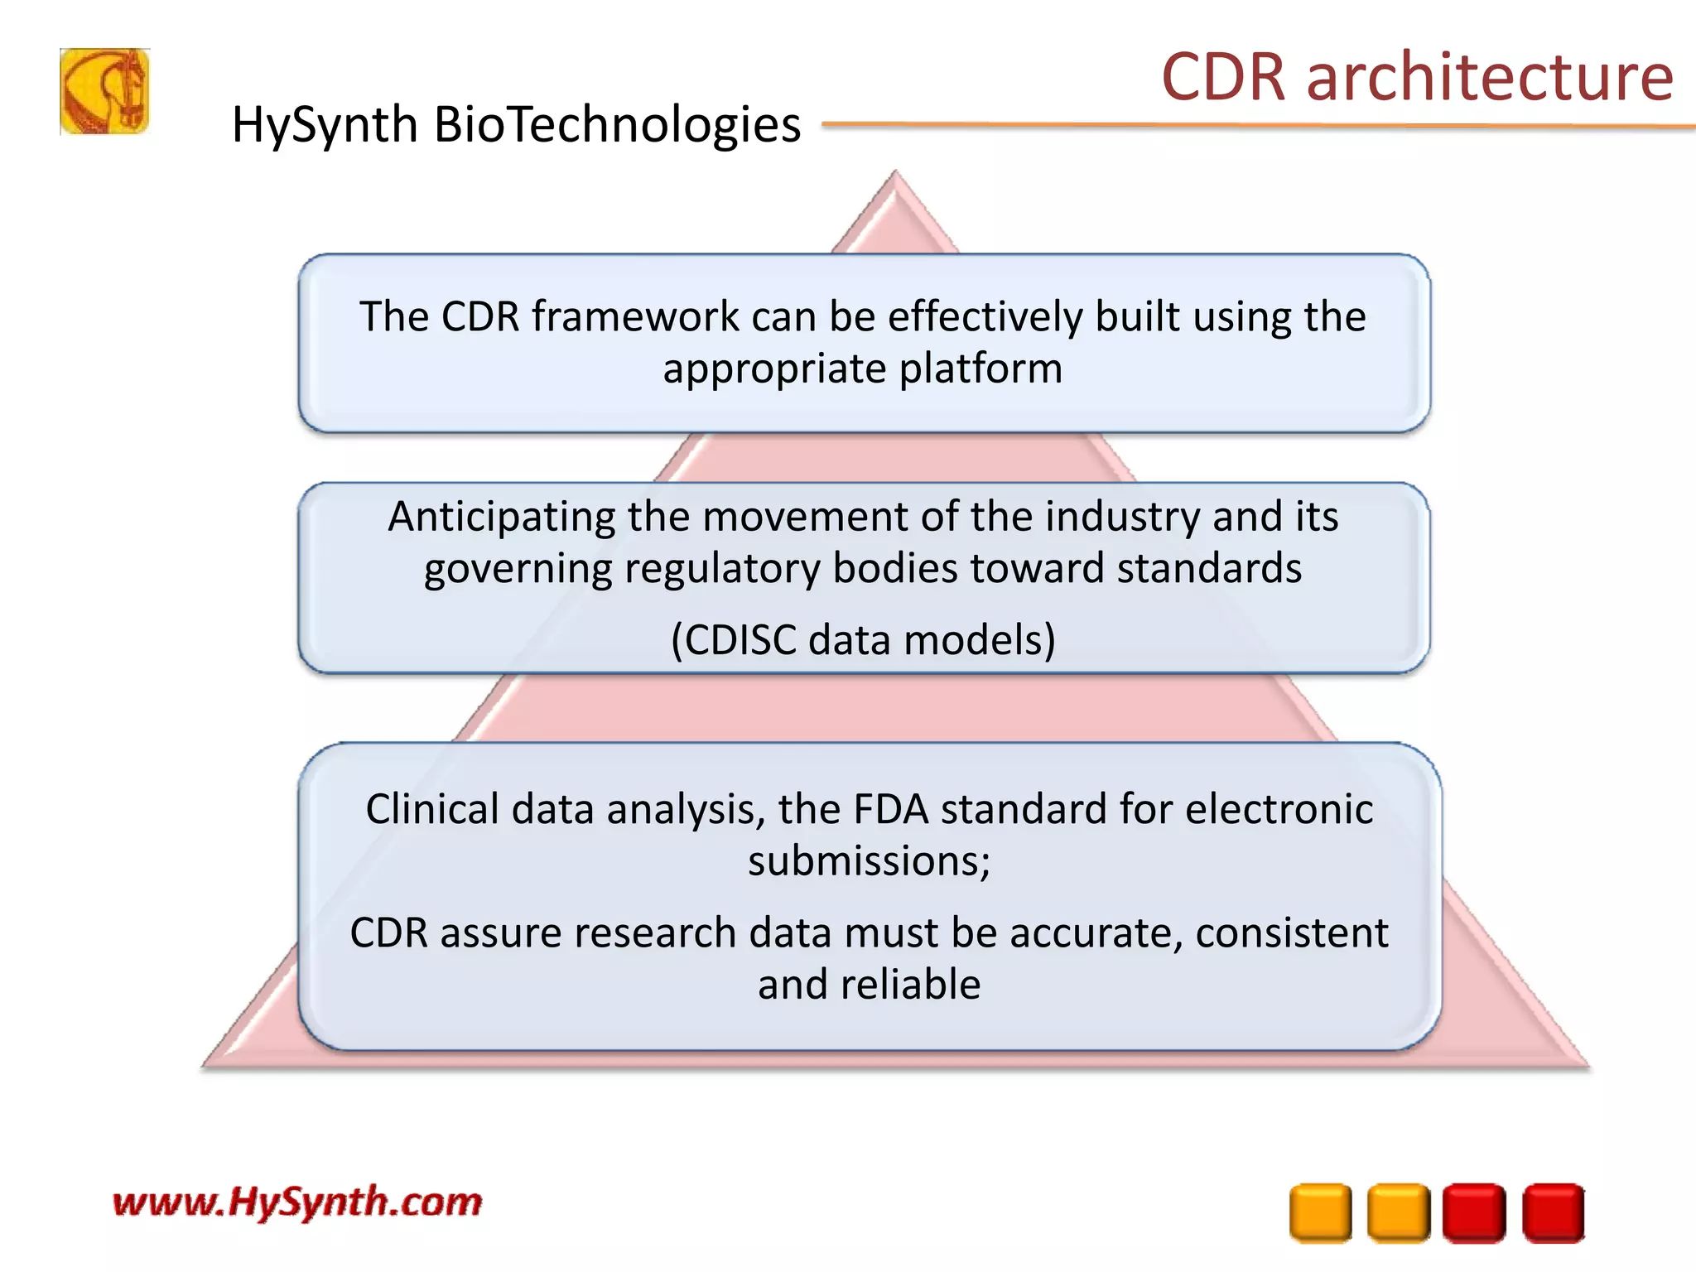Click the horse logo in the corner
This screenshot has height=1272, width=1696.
click(104, 91)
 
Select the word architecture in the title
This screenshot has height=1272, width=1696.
click(1490, 77)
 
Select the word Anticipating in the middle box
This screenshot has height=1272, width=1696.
click(501, 517)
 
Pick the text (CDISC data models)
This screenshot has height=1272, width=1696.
click(863, 640)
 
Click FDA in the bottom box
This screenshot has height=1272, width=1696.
click(890, 809)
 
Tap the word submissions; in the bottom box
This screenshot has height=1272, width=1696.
click(869, 861)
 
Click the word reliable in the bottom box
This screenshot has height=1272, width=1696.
click(910, 985)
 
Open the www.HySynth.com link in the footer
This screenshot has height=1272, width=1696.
click(297, 1202)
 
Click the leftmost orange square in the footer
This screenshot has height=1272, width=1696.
click(1320, 1213)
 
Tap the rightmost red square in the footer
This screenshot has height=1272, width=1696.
click(1553, 1213)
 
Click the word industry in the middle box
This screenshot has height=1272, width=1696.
click(1122, 517)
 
